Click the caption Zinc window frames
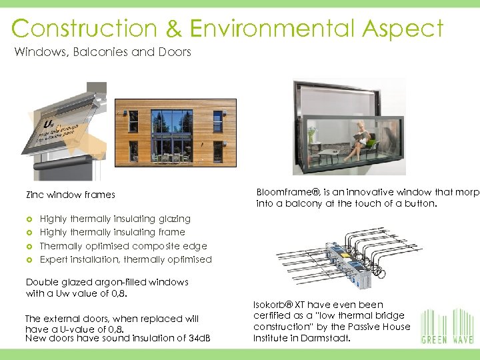point(70,195)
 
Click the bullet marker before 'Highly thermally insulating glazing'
point(29,219)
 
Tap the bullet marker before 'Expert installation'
point(29,260)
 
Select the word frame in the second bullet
point(173,232)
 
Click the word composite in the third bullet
point(152,246)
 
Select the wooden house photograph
point(175,131)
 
